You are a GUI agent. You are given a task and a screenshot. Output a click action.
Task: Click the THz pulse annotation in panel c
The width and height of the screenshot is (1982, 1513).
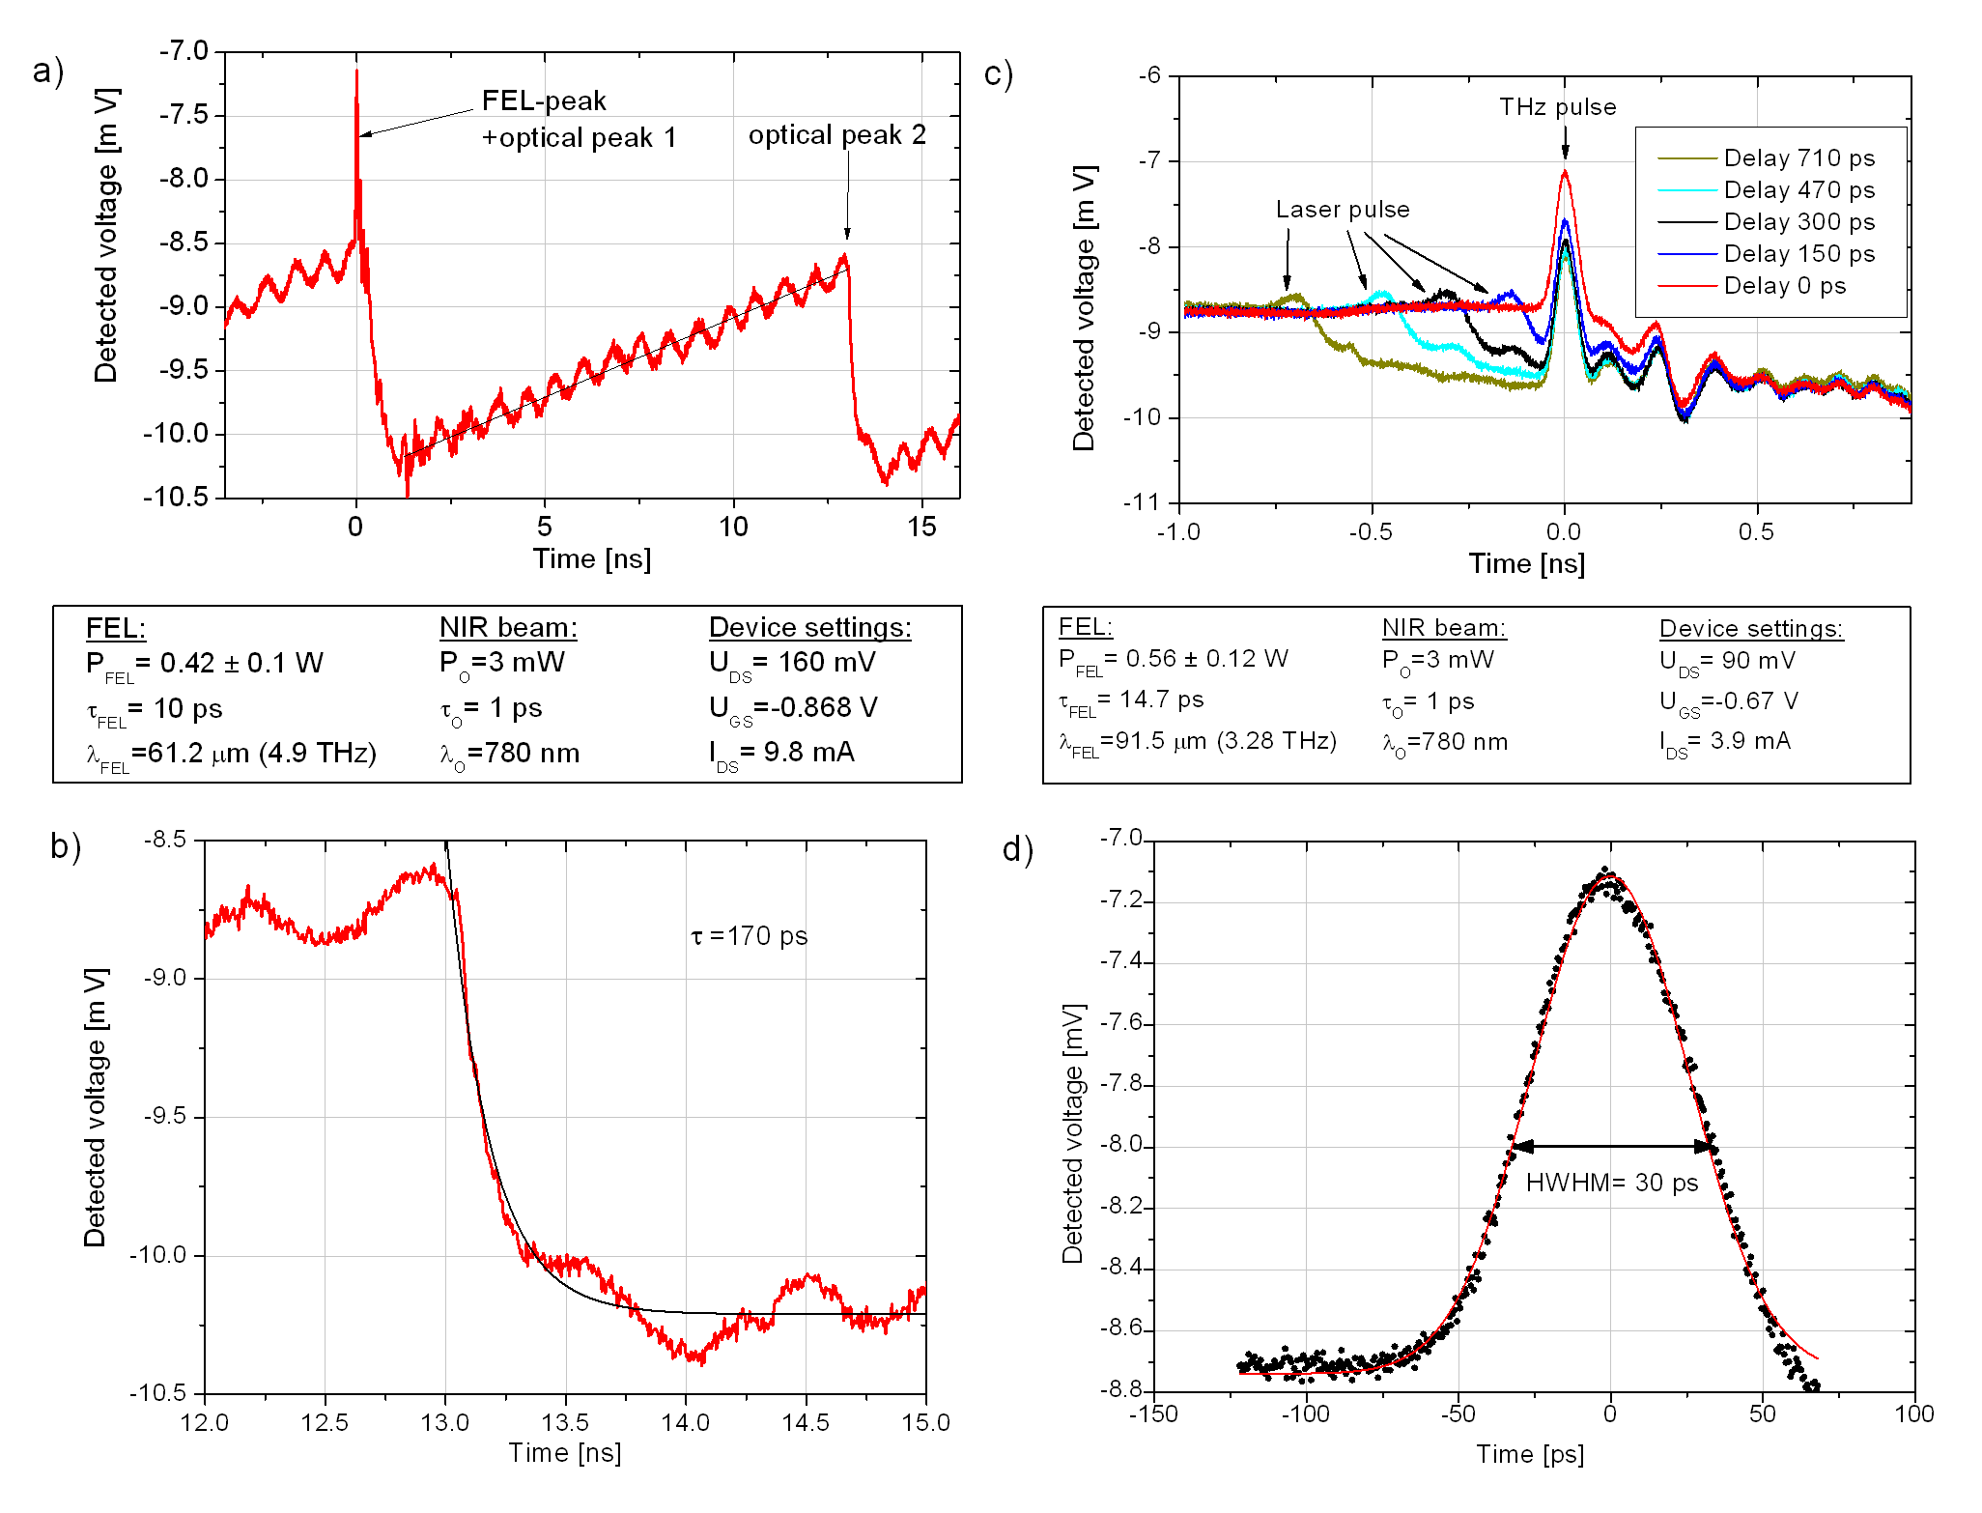1557,107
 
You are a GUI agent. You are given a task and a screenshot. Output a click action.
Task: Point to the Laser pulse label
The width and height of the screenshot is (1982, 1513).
1342,210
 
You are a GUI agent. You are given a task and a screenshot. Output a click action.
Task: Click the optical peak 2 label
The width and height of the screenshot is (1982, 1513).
836,135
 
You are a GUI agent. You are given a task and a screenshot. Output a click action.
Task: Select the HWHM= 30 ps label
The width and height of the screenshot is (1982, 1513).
1611,1183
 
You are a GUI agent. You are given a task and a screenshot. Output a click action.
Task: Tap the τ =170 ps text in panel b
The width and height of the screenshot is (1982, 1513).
750,936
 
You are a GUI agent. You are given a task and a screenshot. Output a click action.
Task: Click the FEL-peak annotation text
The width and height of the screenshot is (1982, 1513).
544,101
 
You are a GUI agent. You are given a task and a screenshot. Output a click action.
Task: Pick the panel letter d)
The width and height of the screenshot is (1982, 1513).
1018,849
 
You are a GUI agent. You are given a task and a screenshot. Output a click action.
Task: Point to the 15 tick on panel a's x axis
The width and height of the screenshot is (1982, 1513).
921,527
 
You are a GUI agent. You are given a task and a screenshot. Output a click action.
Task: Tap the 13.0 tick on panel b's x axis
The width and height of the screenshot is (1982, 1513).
445,1422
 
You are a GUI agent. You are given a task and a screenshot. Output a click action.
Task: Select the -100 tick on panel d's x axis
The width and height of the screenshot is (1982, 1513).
1306,1414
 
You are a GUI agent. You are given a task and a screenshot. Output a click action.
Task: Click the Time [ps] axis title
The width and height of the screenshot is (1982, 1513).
1529,1454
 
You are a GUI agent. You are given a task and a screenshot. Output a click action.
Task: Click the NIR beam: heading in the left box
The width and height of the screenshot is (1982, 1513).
508,628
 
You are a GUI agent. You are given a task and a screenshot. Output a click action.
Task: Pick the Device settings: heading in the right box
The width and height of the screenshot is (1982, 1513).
1750,629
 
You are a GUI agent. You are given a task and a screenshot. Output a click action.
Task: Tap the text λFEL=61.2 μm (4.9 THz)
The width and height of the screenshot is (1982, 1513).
231,754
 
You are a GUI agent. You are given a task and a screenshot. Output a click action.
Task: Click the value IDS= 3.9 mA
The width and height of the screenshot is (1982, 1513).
1724,742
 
